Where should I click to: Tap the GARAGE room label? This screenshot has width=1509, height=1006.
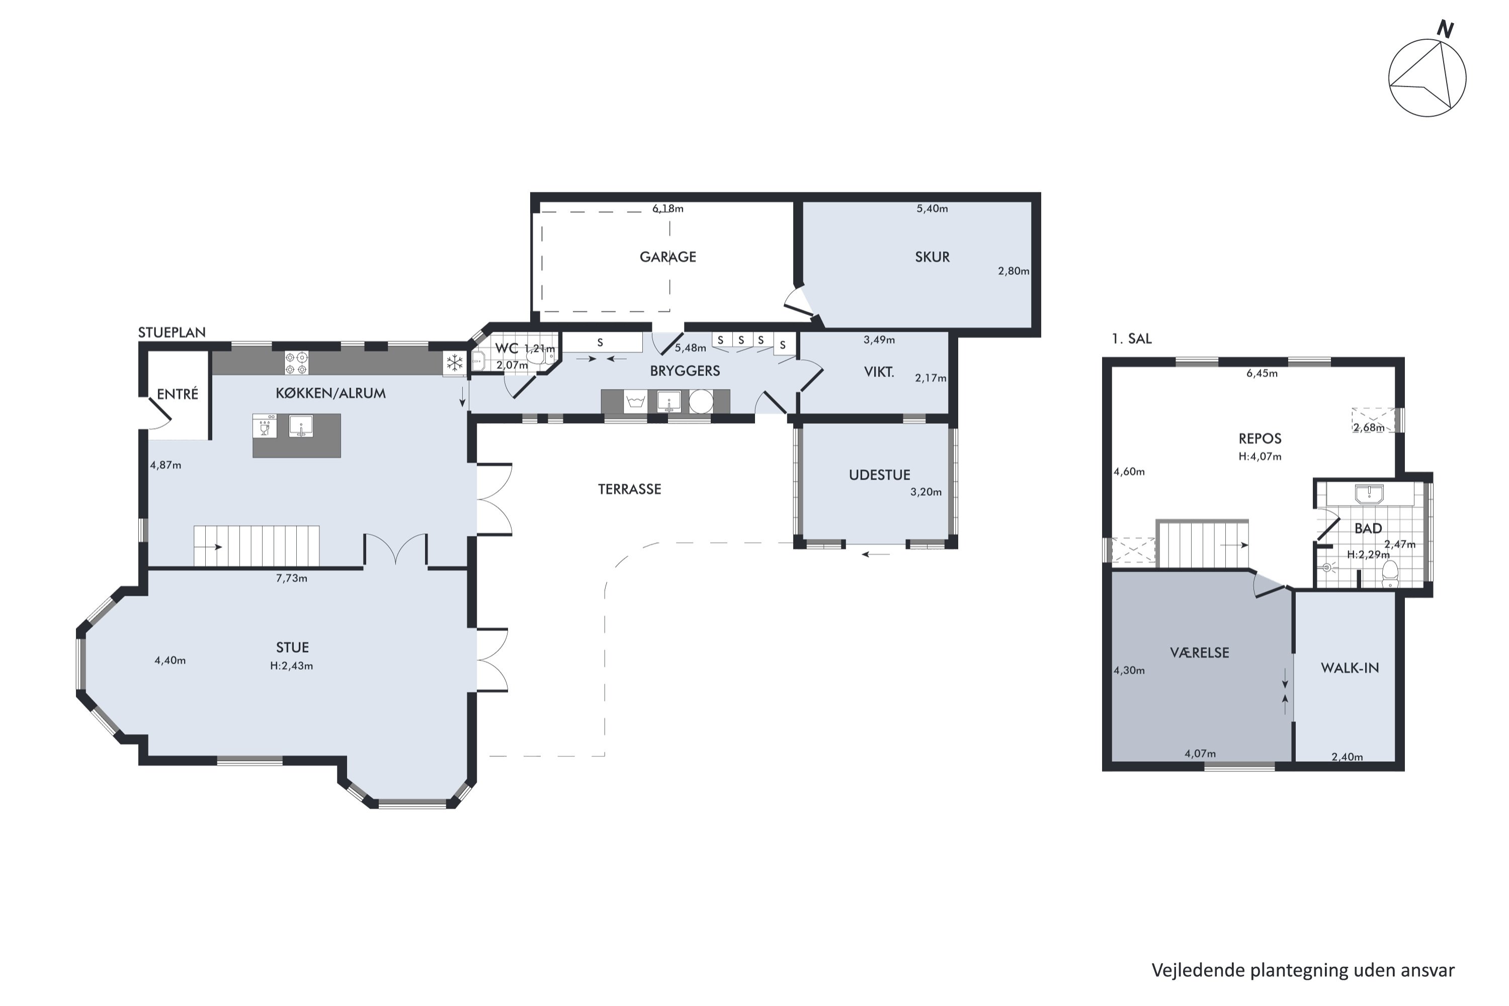667,257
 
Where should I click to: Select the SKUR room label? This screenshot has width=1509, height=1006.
932,257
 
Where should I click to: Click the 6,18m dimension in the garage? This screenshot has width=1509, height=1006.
668,209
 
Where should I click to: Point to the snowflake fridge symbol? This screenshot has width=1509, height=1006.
454,363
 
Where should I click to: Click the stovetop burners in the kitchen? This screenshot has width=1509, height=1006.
296,363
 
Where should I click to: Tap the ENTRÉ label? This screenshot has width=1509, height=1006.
177,394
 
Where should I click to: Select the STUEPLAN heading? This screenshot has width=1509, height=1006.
172,332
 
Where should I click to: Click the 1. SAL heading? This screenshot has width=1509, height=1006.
1132,339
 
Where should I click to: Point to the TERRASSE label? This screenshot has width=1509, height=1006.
629,489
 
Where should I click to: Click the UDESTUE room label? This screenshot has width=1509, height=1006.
879,475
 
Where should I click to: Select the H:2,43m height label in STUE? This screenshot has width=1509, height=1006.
291,666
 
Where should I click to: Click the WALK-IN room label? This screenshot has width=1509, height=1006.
1349,668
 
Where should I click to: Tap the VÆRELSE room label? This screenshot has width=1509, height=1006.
1199,652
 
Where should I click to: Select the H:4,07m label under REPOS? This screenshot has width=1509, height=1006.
1260,457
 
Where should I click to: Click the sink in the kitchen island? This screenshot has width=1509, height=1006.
301,426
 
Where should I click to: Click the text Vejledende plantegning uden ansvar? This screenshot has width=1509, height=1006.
1303,970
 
